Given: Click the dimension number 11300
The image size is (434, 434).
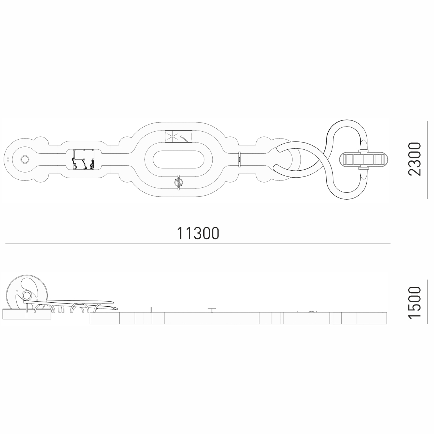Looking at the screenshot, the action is pos(198,233).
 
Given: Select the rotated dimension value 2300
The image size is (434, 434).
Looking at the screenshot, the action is pos(414,159).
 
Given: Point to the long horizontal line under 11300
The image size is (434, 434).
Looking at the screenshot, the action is pos(198,244).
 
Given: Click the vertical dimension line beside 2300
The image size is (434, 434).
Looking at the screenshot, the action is pos(427,160).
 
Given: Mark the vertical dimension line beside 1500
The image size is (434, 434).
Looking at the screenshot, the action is pos(427,302).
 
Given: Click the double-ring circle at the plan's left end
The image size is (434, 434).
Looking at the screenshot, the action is pos(25,159).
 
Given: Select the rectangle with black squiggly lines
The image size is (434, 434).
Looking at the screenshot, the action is pos(83,159).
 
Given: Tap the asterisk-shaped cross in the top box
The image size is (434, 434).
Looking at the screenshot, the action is pos(172,136).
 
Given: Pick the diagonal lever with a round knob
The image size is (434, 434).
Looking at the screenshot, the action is pos(185,139).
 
